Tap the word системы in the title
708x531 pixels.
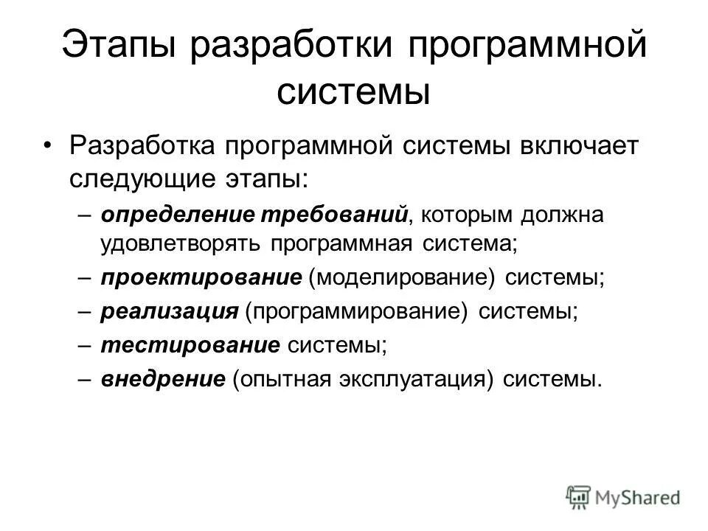tap(354, 93)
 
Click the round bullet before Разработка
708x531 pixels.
tap(48, 146)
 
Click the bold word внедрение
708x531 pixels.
tap(162, 378)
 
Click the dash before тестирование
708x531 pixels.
tap(86, 344)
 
